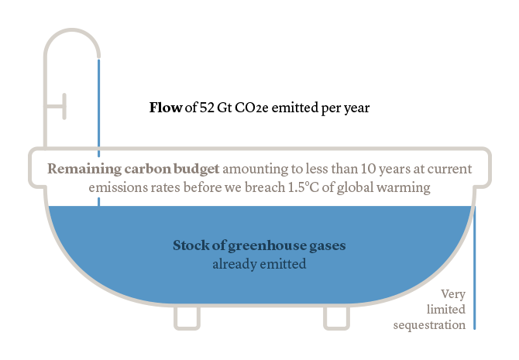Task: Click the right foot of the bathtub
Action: [x=335, y=317]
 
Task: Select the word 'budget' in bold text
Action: [x=197, y=168]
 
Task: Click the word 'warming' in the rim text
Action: [x=402, y=187]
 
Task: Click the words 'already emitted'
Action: [x=259, y=264]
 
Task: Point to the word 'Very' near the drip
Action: [x=452, y=294]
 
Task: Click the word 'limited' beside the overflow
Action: [x=447, y=310]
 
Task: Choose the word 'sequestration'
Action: [x=429, y=325]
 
